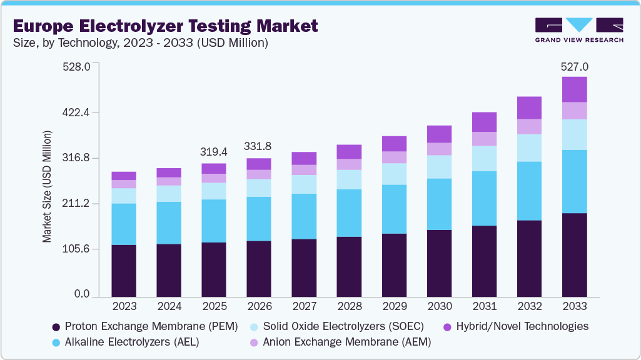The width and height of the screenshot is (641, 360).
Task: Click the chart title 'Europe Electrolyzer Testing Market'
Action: [165, 26]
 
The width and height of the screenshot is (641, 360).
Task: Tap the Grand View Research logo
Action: [578, 30]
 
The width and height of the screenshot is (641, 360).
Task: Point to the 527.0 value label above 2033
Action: [574, 67]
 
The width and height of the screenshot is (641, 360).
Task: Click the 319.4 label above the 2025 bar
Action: [213, 152]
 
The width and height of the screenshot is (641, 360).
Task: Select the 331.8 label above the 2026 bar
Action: [258, 146]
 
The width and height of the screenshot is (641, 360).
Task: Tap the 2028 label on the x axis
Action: [348, 307]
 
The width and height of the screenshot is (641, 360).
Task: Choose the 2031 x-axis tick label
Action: [484, 307]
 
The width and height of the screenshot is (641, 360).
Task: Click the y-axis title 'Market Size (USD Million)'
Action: [47, 187]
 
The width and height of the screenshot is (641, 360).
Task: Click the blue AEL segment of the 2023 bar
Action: [124, 224]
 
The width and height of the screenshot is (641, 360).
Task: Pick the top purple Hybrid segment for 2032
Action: [529, 107]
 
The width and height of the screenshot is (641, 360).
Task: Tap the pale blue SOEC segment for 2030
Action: [439, 167]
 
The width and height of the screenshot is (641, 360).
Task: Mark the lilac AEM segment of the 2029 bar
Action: [394, 157]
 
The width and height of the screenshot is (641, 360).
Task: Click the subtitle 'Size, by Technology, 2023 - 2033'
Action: [141, 43]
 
